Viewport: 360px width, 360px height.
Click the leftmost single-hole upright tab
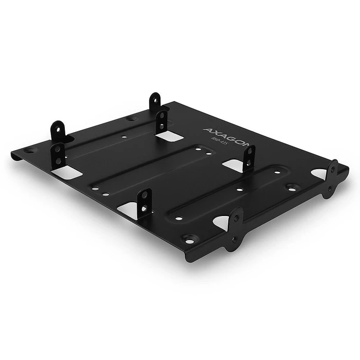coord(58,132)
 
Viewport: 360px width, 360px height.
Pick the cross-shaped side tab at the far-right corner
coord(331,178)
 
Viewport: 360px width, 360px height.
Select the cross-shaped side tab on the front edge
coord(235,228)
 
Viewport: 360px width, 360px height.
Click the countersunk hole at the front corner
coord(189,240)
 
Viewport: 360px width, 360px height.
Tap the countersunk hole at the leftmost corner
coord(30,151)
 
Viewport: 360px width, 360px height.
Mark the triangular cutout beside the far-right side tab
coord(319,174)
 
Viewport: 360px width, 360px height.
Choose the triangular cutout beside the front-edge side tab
coord(221,222)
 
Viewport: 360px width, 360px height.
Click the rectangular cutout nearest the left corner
coord(67,172)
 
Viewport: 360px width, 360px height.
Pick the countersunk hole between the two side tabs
coord(292,188)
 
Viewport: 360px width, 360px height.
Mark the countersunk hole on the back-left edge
coord(131,118)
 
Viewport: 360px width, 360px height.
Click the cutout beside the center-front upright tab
coord(129,209)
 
